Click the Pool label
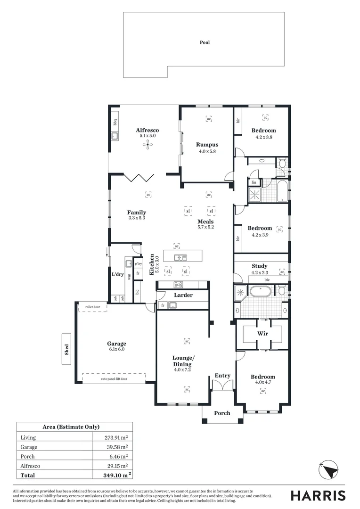click(x=205, y=42)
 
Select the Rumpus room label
click(x=207, y=145)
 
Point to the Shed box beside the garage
click(x=66, y=349)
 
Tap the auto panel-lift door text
click(x=114, y=378)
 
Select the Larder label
click(x=183, y=295)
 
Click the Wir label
click(x=262, y=333)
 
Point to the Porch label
click(x=222, y=413)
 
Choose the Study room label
click(x=259, y=266)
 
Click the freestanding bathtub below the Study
click(x=261, y=291)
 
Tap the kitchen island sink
click(x=180, y=257)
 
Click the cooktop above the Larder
click(x=179, y=284)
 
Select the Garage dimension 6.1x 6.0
click(x=116, y=349)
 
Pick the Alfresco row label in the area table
click(x=30, y=466)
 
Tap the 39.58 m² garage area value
click(x=116, y=447)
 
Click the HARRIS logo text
click(x=318, y=495)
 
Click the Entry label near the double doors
click(x=222, y=376)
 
